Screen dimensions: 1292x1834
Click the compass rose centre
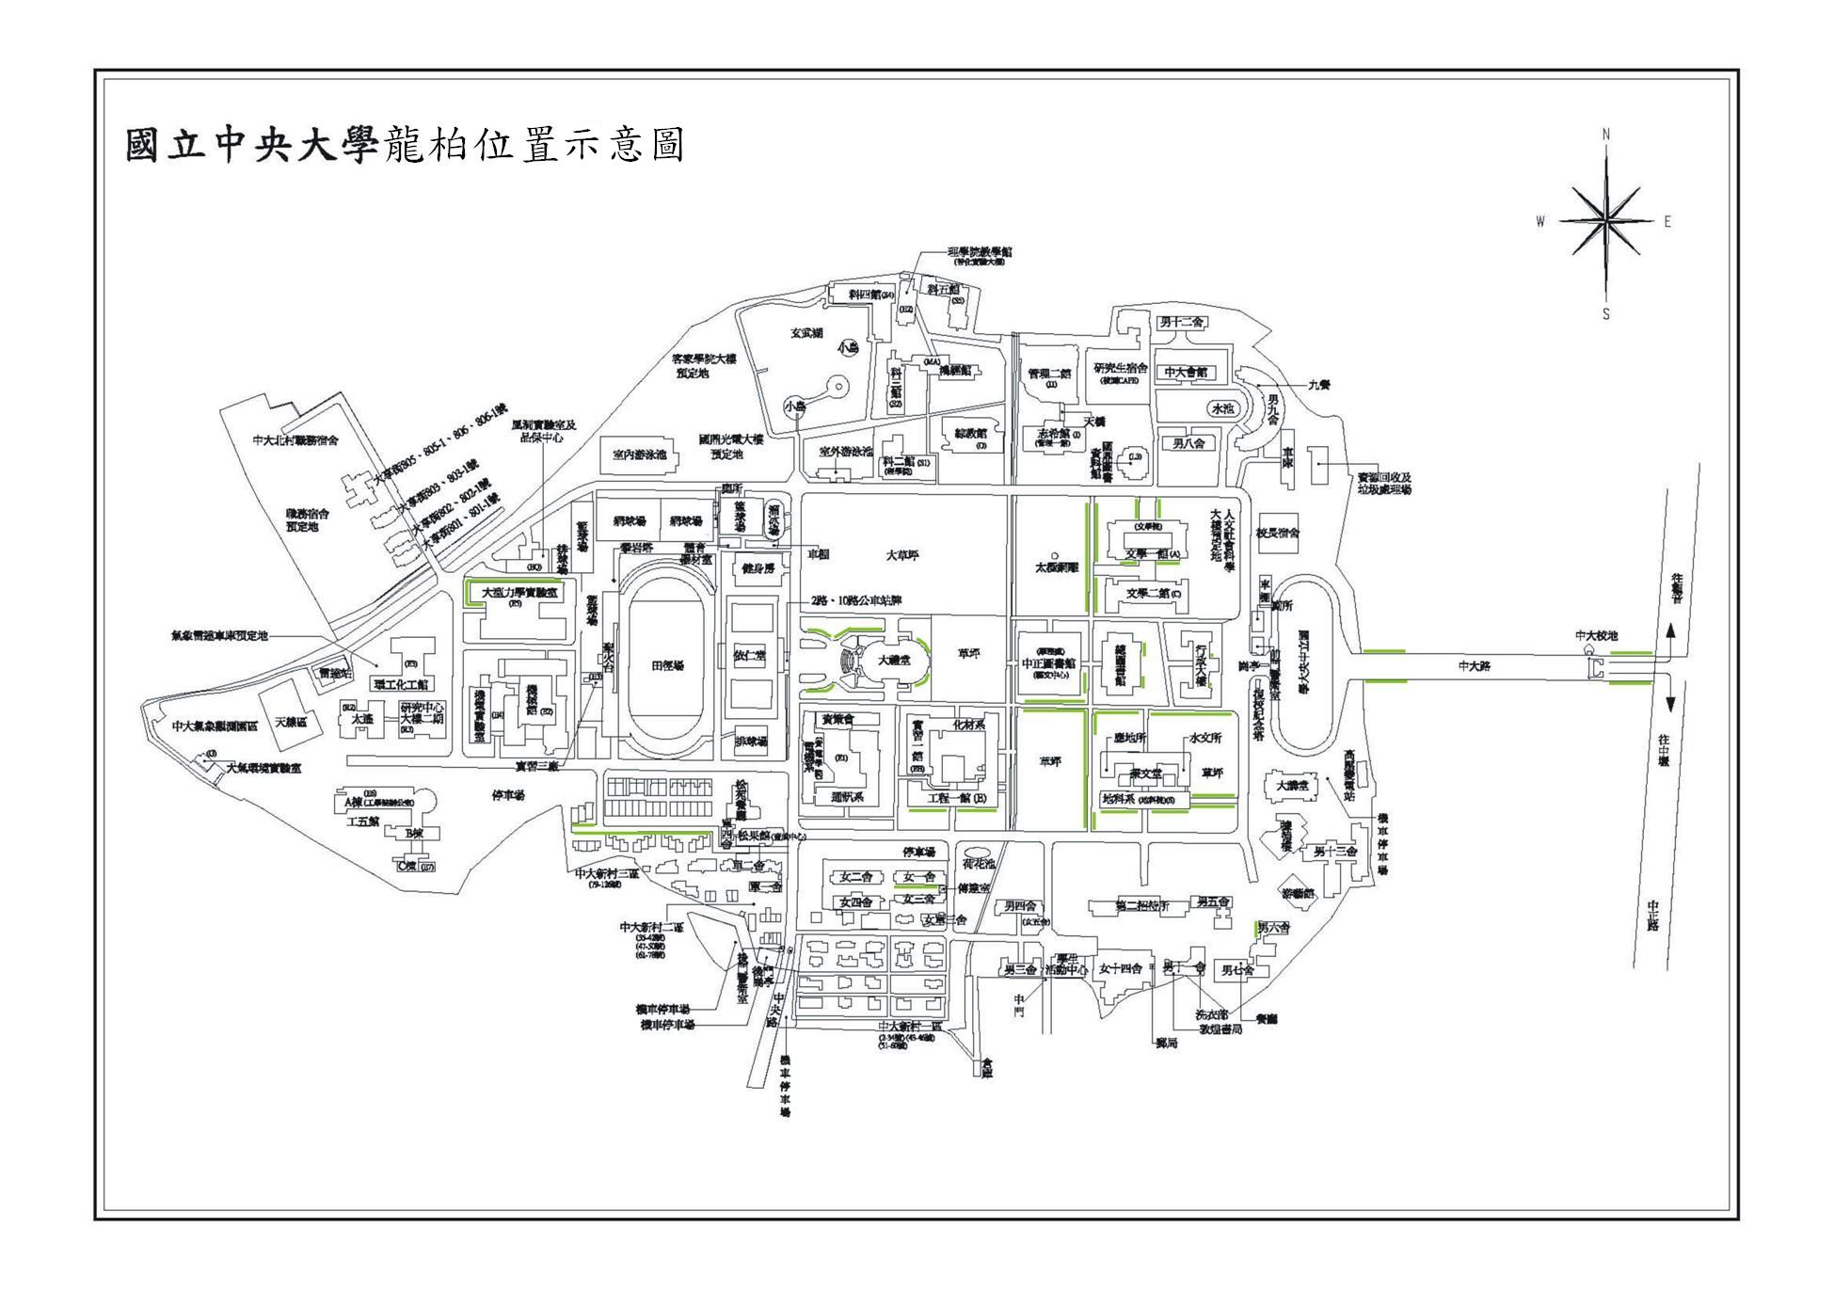(1606, 221)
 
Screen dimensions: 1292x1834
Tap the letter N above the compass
(1606, 135)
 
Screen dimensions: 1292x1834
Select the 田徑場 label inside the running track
(667, 665)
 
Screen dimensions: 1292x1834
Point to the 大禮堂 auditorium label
(893, 661)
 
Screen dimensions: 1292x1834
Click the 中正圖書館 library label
(1047, 662)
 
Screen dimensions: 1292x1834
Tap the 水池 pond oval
(1221, 409)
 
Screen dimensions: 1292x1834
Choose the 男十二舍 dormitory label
(1182, 323)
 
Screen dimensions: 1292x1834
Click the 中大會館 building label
(1185, 373)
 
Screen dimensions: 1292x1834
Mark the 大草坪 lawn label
(901, 555)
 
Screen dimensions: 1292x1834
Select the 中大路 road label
(1475, 666)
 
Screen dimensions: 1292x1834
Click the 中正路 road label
(1653, 915)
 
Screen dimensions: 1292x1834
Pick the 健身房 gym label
(758, 569)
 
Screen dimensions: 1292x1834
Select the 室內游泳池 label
(639, 455)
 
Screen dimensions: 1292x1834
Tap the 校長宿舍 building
(1277, 533)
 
